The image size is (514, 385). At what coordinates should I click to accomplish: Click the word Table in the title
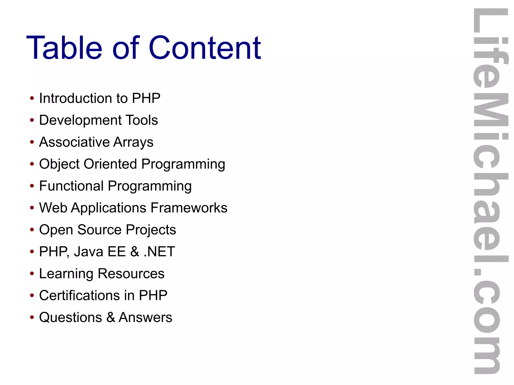pyautogui.click(x=64, y=48)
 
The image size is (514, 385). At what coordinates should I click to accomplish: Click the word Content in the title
pyautogui.click(x=205, y=48)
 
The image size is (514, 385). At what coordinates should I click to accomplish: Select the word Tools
pyautogui.click(x=142, y=120)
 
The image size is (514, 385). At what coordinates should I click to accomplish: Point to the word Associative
pyautogui.click(x=74, y=142)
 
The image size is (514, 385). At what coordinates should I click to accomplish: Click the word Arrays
pyautogui.click(x=133, y=142)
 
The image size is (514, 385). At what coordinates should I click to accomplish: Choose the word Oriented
pyautogui.click(x=110, y=164)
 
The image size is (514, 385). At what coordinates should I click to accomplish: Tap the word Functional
pyautogui.click(x=71, y=186)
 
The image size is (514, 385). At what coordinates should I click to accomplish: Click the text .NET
pyautogui.click(x=159, y=252)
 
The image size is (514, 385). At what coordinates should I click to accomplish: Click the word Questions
pyautogui.click(x=71, y=317)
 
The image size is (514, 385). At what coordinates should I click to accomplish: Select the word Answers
pyautogui.click(x=145, y=317)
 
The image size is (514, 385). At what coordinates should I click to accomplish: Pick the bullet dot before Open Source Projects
pyautogui.click(x=32, y=230)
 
